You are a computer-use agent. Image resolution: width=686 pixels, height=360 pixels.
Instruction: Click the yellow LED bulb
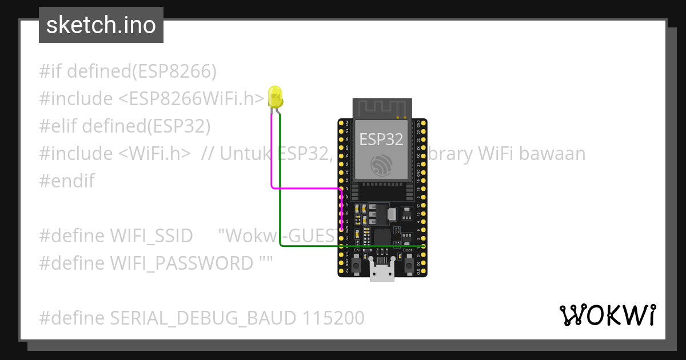(275, 96)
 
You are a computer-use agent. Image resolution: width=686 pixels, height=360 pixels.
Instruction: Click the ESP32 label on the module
(381, 139)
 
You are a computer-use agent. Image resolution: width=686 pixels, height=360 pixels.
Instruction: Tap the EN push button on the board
(356, 266)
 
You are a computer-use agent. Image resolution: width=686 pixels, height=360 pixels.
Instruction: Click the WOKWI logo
(607, 315)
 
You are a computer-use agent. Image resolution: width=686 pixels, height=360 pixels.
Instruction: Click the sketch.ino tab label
(101, 25)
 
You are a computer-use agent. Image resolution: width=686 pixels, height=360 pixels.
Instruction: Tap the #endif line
(67, 181)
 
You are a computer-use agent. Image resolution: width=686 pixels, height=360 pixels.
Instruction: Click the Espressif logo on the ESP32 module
(381, 165)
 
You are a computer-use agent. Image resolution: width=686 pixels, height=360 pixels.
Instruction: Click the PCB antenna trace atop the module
(382, 108)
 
